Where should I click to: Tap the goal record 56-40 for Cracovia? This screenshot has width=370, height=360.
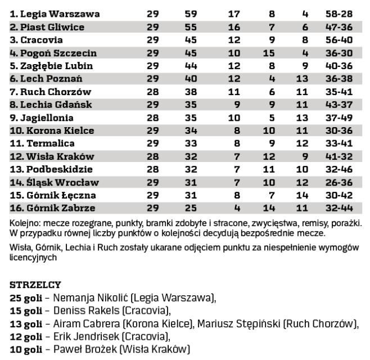(x=346, y=40)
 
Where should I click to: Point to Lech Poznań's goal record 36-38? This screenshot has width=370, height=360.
(x=346, y=79)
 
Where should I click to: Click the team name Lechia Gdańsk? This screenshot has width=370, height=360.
(x=52, y=105)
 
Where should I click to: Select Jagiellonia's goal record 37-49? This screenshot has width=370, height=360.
(x=346, y=118)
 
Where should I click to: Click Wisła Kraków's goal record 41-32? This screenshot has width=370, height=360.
(x=346, y=157)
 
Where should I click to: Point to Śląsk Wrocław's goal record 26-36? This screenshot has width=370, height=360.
(x=346, y=183)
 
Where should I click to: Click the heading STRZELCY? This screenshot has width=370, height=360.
(x=35, y=285)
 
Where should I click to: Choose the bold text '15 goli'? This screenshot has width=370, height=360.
(x=26, y=310)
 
